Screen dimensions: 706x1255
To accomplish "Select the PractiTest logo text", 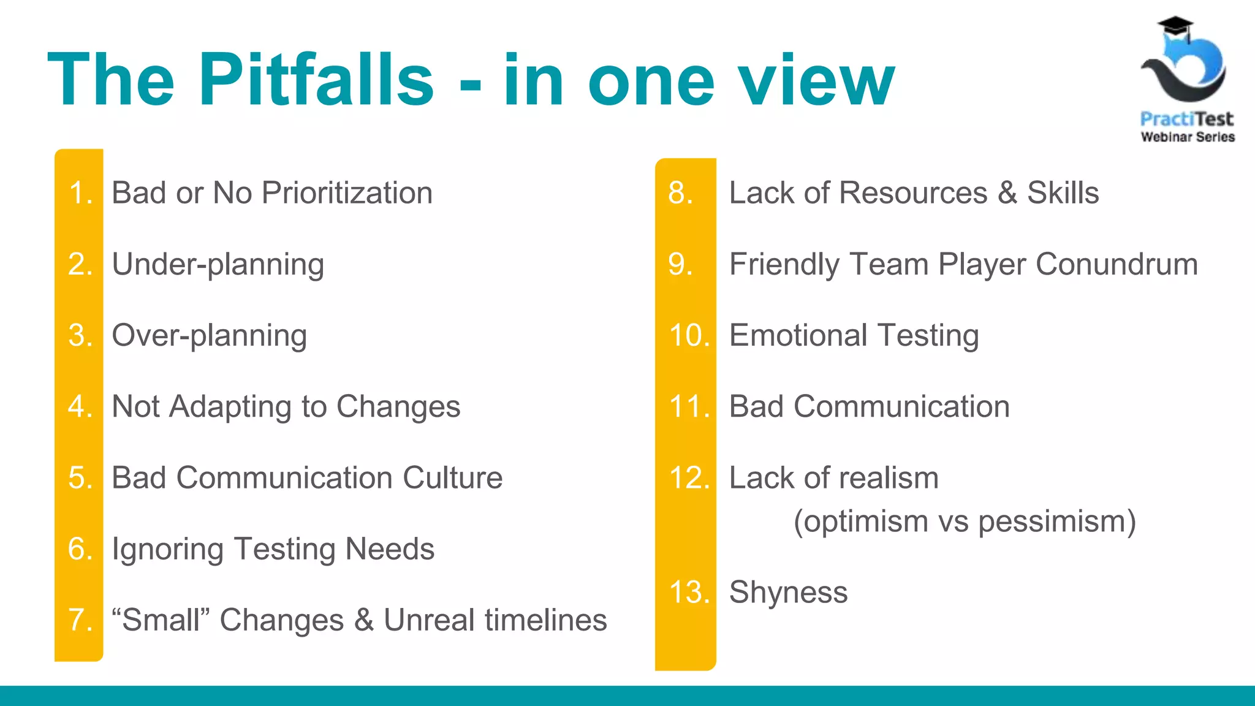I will pyautogui.click(x=1187, y=119).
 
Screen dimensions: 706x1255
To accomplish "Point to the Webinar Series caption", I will pyautogui.click(x=1188, y=137).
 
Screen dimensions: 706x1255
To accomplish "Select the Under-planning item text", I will pyautogui.click(x=218, y=265).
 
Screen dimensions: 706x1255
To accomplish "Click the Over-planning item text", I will pyautogui.click(x=209, y=336).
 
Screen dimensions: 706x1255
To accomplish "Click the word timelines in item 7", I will pyautogui.click(x=546, y=620).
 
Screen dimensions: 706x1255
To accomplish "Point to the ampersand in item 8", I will pyautogui.click(x=1007, y=193).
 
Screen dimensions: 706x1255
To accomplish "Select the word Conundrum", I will pyautogui.click(x=1117, y=265).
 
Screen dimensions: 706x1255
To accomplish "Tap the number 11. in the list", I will pyautogui.click(x=689, y=407).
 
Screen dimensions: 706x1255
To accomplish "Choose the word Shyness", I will pyautogui.click(x=788, y=593).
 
